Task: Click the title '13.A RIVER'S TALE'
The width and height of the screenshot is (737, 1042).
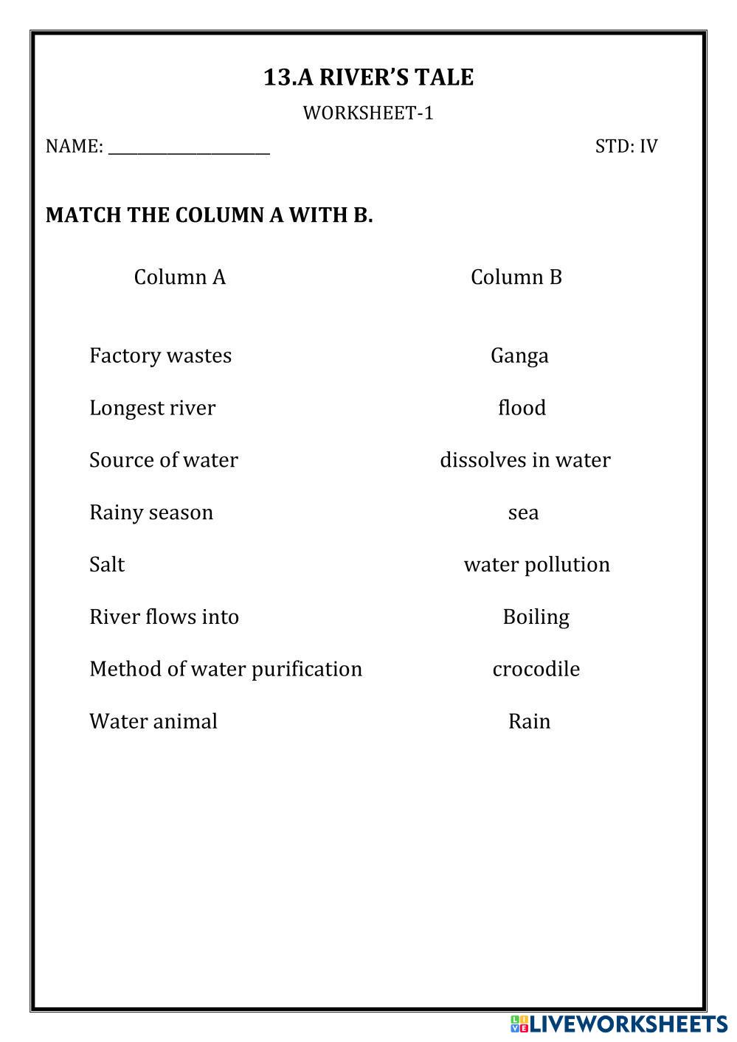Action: [x=368, y=77]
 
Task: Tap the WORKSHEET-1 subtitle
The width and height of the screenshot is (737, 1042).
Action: [x=368, y=113]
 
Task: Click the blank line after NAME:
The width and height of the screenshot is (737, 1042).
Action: [x=189, y=148]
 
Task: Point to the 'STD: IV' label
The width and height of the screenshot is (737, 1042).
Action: [x=626, y=146]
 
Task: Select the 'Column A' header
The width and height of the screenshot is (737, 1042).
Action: [x=179, y=277]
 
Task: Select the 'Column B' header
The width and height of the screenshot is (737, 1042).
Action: [x=516, y=277]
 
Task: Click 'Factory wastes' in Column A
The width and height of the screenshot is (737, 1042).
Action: [x=160, y=355]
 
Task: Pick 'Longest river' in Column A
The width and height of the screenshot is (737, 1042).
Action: [x=152, y=408]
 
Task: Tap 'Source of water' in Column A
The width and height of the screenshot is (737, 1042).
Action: [x=163, y=460]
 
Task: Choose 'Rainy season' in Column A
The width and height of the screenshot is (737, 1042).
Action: [x=150, y=513]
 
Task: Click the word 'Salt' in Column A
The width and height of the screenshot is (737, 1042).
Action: [x=107, y=565]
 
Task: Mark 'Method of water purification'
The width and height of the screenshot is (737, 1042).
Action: [x=225, y=669]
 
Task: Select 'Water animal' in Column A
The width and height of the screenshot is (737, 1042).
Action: [x=153, y=721]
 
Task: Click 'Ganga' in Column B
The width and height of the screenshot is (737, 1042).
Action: [x=519, y=356]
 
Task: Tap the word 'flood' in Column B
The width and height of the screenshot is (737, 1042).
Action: [x=522, y=408]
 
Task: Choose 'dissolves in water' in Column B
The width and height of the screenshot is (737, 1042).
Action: [x=525, y=460]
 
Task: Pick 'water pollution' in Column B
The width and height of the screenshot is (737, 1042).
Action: [x=536, y=565]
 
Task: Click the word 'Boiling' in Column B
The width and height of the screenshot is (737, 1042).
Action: [x=536, y=617]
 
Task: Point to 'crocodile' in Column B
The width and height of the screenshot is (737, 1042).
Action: [x=536, y=669]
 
